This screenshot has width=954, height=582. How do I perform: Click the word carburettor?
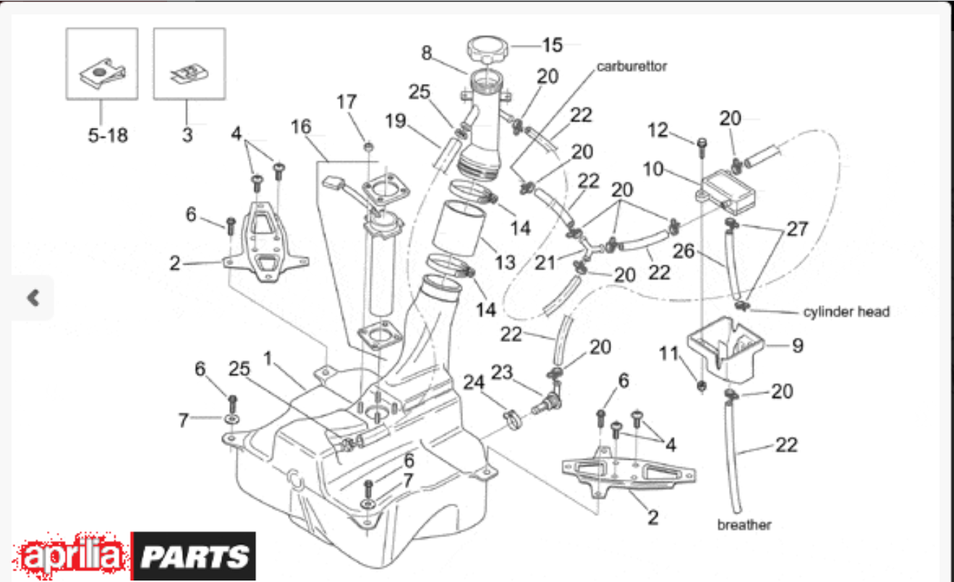tap(631, 67)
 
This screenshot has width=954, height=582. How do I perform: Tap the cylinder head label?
tap(846, 312)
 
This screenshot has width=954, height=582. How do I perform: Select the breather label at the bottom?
tap(744, 525)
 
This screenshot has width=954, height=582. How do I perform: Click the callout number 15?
tap(553, 45)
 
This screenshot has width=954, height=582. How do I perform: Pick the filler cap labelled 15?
tap(487, 49)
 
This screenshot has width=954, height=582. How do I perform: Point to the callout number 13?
tap(505, 262)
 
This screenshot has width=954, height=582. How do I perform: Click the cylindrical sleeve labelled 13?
tap(459, 228)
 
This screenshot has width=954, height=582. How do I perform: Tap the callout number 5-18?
tap(108, 135)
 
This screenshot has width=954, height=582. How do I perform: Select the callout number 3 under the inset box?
tap(187, 135)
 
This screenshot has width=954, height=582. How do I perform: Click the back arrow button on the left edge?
tap(33, 298)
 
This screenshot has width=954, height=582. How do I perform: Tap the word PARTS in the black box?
tap(195, 557)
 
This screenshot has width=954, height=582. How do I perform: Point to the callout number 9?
tap(798, 346)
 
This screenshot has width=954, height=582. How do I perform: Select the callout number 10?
tap(653, 169)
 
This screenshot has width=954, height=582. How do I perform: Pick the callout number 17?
tap(346, 102)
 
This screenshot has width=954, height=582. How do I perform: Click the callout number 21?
tap(545, 262)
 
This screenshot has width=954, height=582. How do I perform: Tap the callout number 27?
tap(797, 229)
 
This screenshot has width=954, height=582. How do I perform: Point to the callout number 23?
tap(502, 372)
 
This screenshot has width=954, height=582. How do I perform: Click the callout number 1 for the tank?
tap(268, 358)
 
